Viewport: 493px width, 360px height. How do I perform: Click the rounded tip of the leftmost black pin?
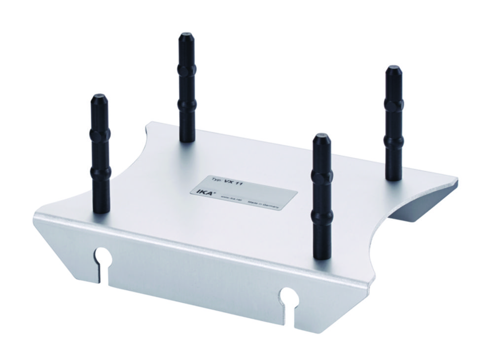(98, 97)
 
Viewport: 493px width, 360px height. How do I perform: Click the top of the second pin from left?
(186, 36)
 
